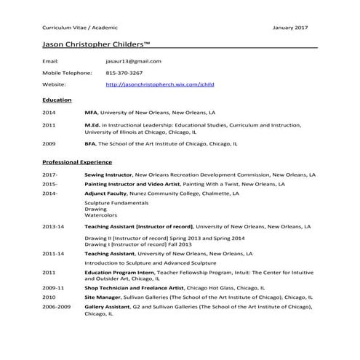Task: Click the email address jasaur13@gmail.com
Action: pos(133,62)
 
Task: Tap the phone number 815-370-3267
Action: pos(124,73)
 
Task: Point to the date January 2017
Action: pos(290,27)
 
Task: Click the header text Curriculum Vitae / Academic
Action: pos(75,27)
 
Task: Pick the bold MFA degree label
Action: pos(91,113)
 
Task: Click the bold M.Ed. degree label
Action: pos(92,126)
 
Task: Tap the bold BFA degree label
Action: pos(90,144)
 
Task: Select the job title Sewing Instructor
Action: pos(108,175)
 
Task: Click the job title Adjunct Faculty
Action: pos(105,194)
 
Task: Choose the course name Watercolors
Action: pos(100,216)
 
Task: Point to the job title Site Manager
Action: pos(103,297)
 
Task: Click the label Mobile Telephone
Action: pos(68,73)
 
